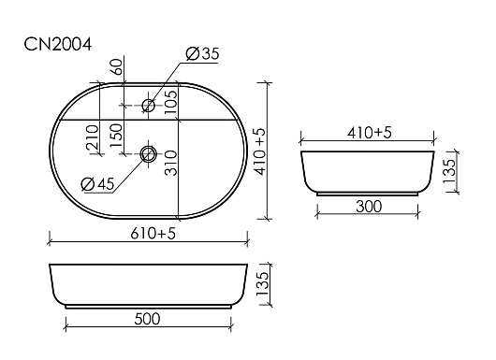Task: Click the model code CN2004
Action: (x=58, y=44)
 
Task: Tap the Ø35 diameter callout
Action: (x=202, y=53)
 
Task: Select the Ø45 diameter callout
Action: (x=97, y=184)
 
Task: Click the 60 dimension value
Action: (x=117, y=66)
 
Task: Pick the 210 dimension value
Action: (x=93, y=137)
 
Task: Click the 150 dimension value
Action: (x=116, y=135)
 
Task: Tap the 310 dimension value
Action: (x=171, y=163)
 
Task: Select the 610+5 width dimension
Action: (x=153, y=234)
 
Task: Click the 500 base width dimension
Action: (x=148, y=319)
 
